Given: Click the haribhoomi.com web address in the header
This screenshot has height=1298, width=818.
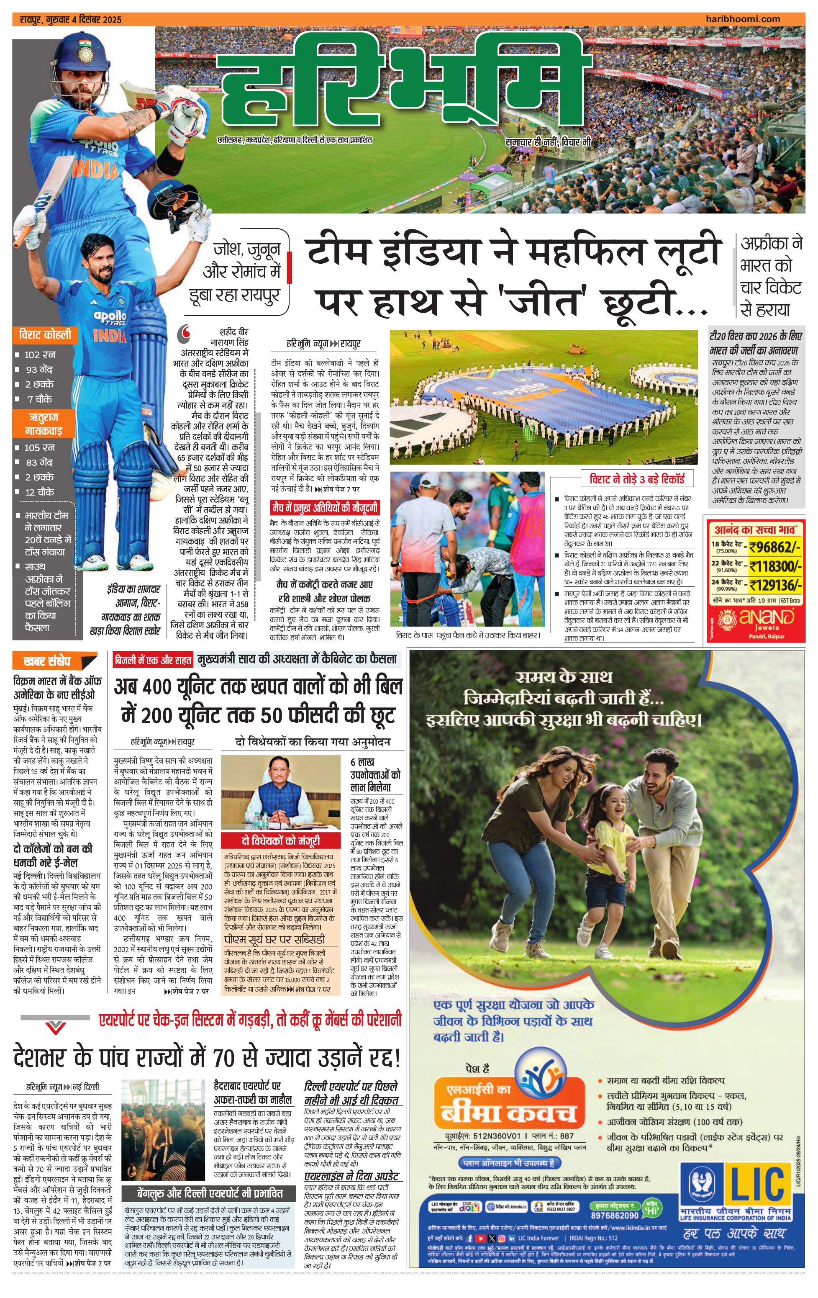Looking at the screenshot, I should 743,19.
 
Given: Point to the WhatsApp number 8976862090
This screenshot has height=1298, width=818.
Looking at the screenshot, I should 614,1215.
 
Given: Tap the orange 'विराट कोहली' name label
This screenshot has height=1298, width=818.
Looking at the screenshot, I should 45,335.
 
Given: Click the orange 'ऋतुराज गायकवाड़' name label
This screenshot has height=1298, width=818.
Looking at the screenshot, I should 44,424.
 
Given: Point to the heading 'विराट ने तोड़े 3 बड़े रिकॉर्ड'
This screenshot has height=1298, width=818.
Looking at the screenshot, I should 637,479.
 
